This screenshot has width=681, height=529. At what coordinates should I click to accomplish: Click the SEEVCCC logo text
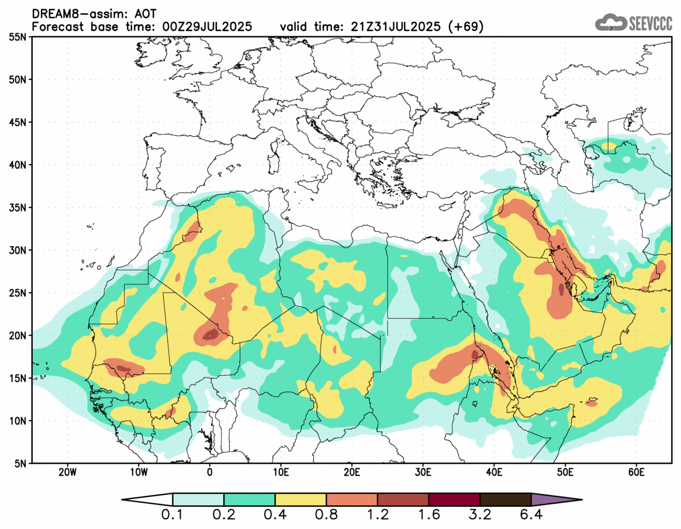651,23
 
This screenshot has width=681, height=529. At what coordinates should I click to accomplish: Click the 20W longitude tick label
68,472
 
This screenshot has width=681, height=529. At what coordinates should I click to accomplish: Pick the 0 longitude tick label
210,472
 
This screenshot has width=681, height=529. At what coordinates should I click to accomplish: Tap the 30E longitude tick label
423,472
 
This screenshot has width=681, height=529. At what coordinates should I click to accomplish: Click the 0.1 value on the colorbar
173,516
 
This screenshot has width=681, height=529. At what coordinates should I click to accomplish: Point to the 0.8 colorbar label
327,516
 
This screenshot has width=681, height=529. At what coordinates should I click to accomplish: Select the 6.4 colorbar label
531,516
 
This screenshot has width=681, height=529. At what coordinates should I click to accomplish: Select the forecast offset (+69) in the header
465,26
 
